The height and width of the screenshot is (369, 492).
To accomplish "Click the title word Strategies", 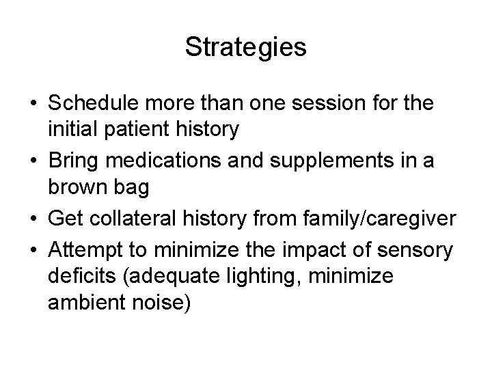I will (245, 48).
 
